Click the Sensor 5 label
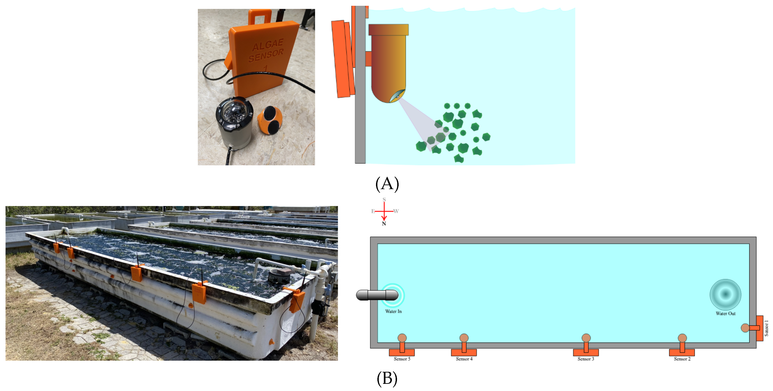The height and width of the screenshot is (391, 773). coord(402,359)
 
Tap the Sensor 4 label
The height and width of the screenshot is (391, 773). coord(464,359)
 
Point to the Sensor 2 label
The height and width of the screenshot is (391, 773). coord(682,359)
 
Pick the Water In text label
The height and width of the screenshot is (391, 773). coord(393,311)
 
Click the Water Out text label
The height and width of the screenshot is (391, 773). coord(725,314)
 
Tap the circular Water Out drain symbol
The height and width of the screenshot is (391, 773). coord(725,294)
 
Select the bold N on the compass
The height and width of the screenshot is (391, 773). coord(384,224)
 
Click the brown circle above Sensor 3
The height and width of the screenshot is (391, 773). coord(586,338)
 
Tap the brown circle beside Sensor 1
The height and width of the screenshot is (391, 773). coord(745,328)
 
